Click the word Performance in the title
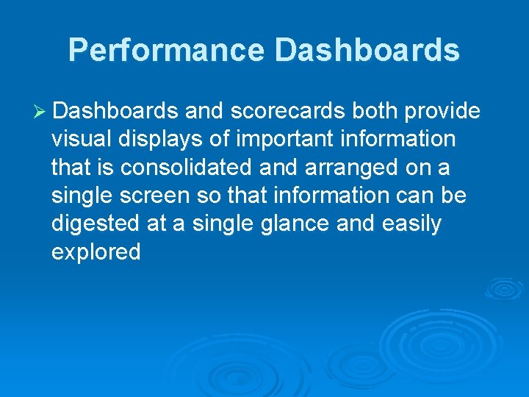point(166,50)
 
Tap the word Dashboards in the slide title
point(367,50)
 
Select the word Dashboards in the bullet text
point(115,111)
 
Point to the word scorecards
point(287,111)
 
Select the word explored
point(96,253)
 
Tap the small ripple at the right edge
point(505,288)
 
